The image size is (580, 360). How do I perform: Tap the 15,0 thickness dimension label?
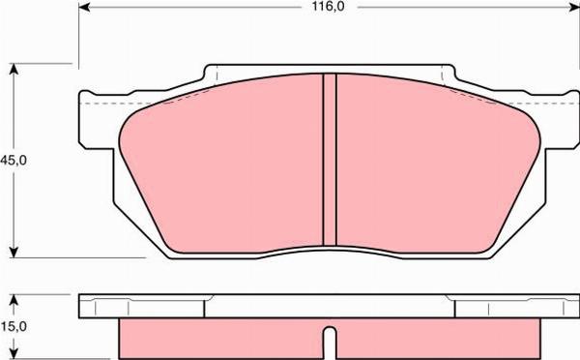pos(13,328)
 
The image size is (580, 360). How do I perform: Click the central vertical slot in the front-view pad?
pos(329,160)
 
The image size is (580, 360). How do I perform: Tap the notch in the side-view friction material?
pos(330,345)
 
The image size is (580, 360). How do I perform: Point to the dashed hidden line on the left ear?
pos(101,103)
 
